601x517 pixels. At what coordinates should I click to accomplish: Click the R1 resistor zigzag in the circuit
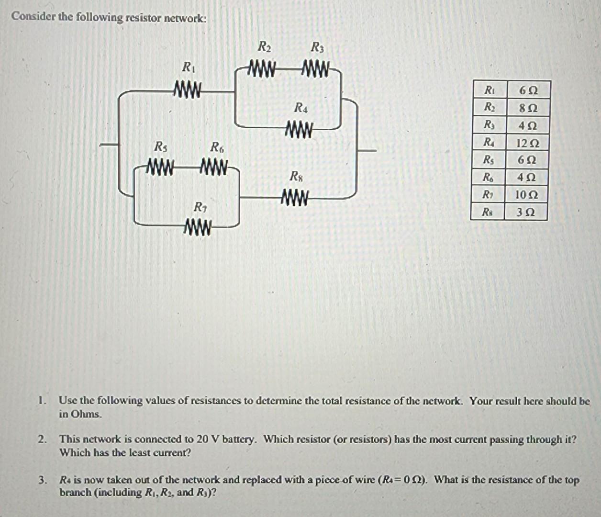188,90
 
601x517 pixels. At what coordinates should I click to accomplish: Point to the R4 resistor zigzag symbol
299,129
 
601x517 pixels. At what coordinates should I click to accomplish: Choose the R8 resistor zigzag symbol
295,197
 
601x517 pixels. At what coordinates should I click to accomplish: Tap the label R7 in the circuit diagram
199,207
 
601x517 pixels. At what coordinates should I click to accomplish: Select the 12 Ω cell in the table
527,143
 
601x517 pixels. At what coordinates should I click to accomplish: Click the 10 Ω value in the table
526,195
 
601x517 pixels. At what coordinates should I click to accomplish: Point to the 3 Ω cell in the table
526,212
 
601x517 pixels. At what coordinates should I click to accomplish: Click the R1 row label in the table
489,90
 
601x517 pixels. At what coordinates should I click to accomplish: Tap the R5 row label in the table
488,159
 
